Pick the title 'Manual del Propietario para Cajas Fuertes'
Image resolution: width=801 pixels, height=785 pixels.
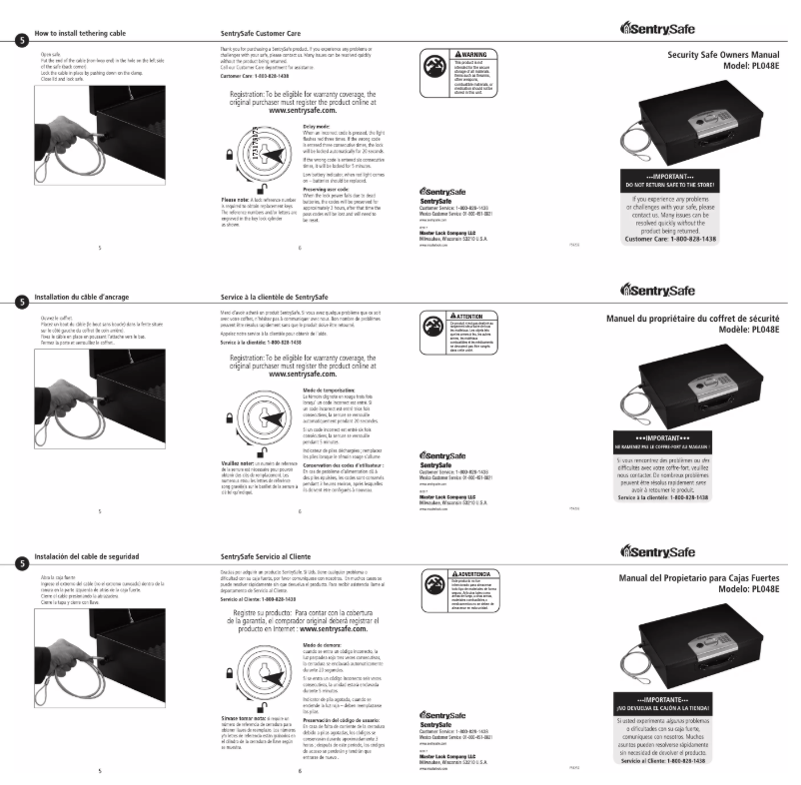[x=698, y=577]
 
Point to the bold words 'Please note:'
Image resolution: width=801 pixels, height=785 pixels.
[x=234, y=200]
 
